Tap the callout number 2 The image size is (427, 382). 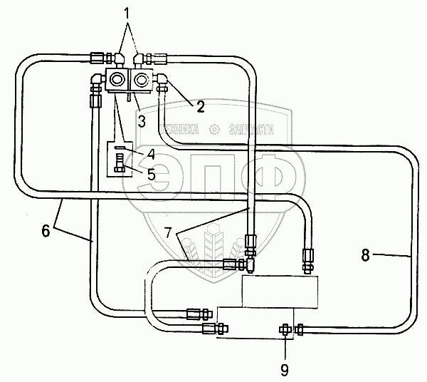point(200,107)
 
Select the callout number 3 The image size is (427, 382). point(142,121)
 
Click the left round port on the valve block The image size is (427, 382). point(117,79)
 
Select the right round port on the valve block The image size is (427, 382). point(141,79)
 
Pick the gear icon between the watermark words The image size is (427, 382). point(213,130)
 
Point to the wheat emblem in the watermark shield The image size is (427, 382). point(213,246)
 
